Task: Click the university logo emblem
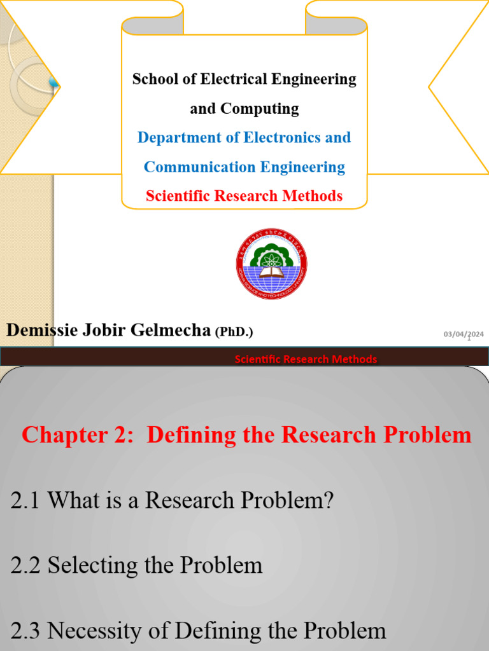click(271, 264)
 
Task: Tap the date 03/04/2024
click(464, 334)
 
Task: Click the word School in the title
click(153, 79)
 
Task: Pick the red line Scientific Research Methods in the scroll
click(244, 196)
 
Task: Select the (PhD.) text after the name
click(234, 331)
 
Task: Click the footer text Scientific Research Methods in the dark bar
click(306, 359)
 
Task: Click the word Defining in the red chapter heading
click(191, 435)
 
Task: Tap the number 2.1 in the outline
click(26, 500)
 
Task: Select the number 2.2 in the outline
click(26, 565)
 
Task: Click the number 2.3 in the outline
click(26, 631)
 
